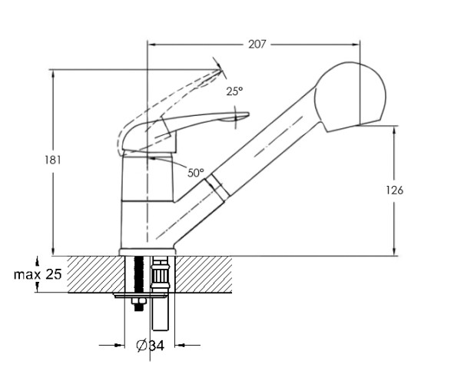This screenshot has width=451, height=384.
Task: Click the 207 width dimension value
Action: click(x=257, y=45)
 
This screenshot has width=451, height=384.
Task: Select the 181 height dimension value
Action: click(x=53, y=160)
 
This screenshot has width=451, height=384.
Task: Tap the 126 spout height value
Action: click(x=395, y=190)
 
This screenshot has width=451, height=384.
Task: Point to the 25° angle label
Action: click(x=234, y=91)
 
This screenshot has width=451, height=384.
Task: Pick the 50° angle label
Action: click(x=196, y=173)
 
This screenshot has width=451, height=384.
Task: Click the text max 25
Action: click(x=38, y=274)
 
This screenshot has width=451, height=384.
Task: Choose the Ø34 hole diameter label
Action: click(x=150, y=345)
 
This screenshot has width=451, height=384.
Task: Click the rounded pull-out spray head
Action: click(x=351, y=97)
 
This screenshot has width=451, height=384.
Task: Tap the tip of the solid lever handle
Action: click(x=248, y=114)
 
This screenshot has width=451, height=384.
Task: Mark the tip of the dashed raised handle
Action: click(x=221, y=69)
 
